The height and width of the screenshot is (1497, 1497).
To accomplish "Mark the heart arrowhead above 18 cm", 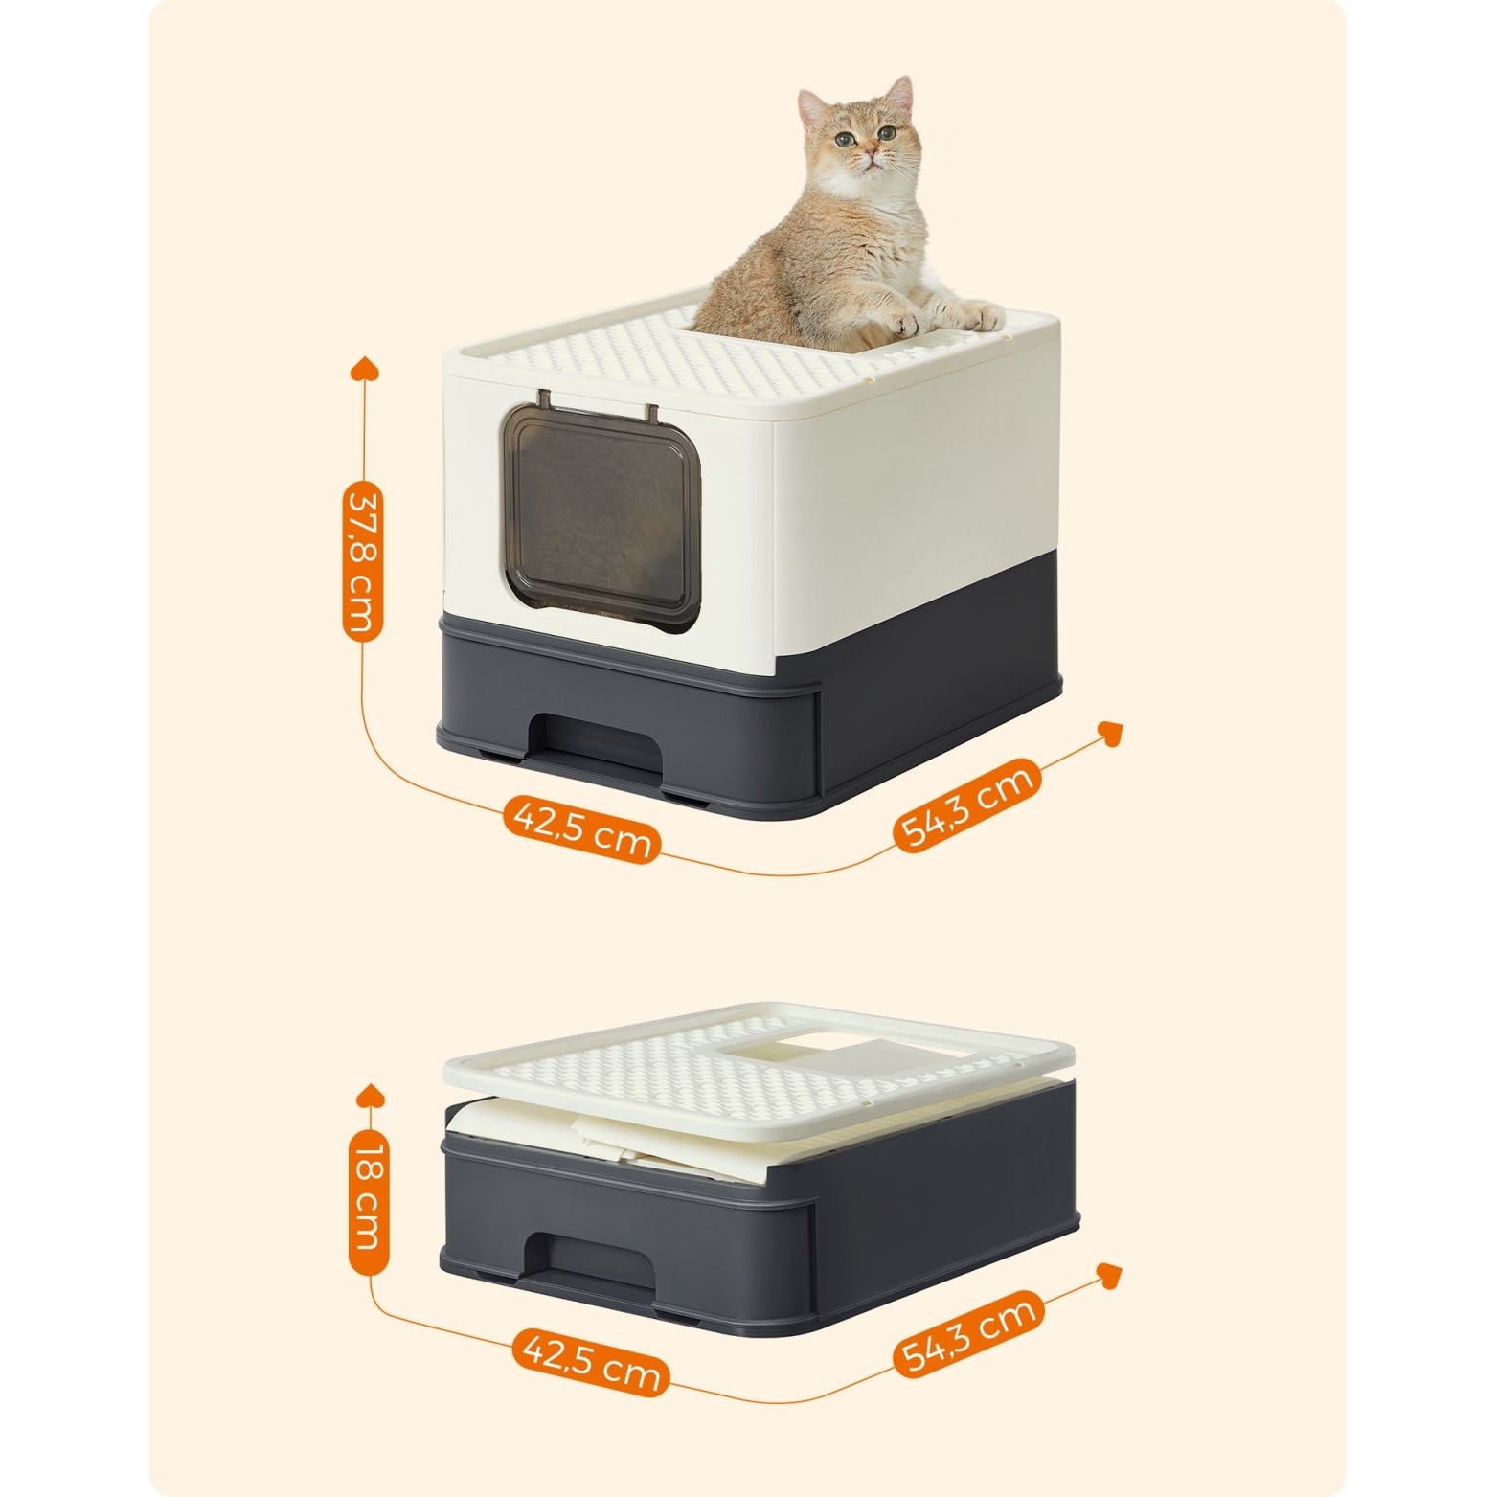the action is click(369, 1097).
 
